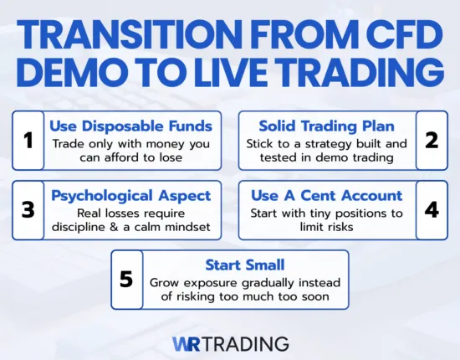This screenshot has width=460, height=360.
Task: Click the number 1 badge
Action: pos(28,140)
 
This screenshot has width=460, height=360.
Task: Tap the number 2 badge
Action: pos(432,140)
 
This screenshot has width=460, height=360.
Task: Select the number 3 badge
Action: pos(28,209)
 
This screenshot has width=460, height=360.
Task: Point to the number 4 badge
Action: pos(432,209)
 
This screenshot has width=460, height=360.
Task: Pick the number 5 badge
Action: pos(126,279)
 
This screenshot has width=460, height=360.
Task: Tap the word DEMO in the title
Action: pos(69,73)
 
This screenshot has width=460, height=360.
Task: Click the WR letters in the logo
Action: pos(187,343)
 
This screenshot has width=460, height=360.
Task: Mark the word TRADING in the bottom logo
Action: pos(246,343)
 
